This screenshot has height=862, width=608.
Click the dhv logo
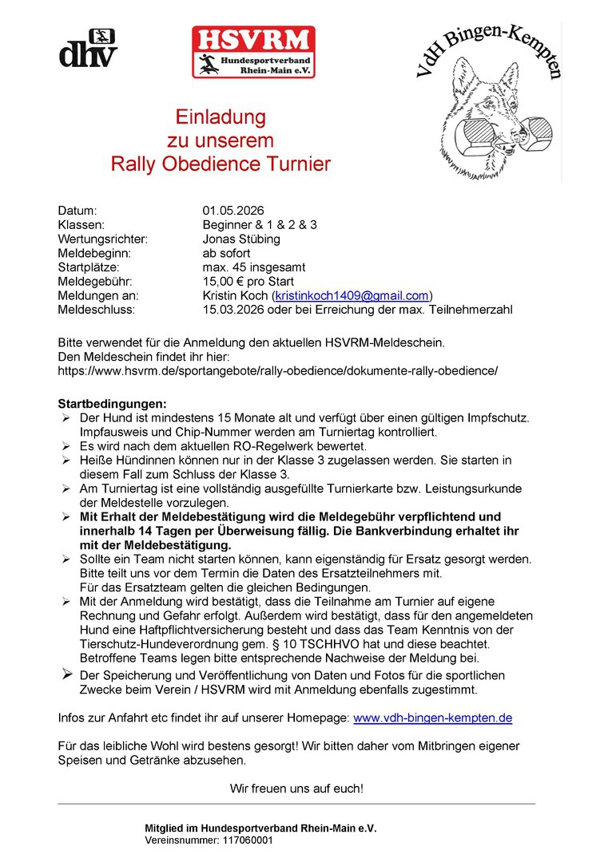88,49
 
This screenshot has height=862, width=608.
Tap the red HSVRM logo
253,52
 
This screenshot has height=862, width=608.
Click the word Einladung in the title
221,117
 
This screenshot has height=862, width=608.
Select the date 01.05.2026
233,211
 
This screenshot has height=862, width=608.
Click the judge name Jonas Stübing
241,239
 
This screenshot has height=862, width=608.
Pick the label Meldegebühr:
94,281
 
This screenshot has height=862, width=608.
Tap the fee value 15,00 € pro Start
248,281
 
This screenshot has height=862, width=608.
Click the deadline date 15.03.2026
233,309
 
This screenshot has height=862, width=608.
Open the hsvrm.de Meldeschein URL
277,370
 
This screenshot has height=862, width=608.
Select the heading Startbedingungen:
111,404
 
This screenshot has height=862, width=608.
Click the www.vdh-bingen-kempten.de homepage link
432,718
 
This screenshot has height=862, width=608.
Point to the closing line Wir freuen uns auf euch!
296,789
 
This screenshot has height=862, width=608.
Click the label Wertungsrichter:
103,239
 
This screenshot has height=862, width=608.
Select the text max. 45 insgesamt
253,267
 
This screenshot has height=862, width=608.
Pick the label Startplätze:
89,267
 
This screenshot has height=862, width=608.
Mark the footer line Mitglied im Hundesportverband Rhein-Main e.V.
260,828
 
